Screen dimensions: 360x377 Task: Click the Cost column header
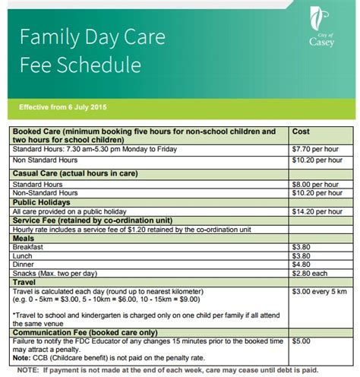(301, 131)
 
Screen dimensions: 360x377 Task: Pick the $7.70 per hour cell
(314, 150)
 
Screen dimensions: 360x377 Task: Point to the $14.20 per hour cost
(317, 210)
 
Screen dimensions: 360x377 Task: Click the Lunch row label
(24, 256)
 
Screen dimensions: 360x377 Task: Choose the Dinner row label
(24, 265)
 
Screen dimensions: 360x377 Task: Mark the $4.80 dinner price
(302, 265)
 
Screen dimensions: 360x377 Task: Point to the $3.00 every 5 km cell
(320, 292)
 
